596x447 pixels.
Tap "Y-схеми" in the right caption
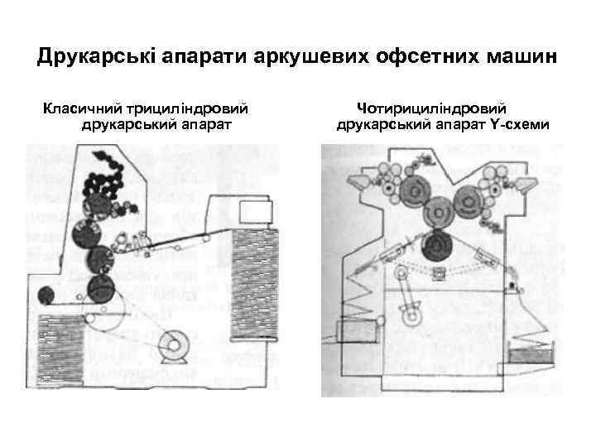[525, 125]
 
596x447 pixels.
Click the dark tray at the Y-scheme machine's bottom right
[521, 357]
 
